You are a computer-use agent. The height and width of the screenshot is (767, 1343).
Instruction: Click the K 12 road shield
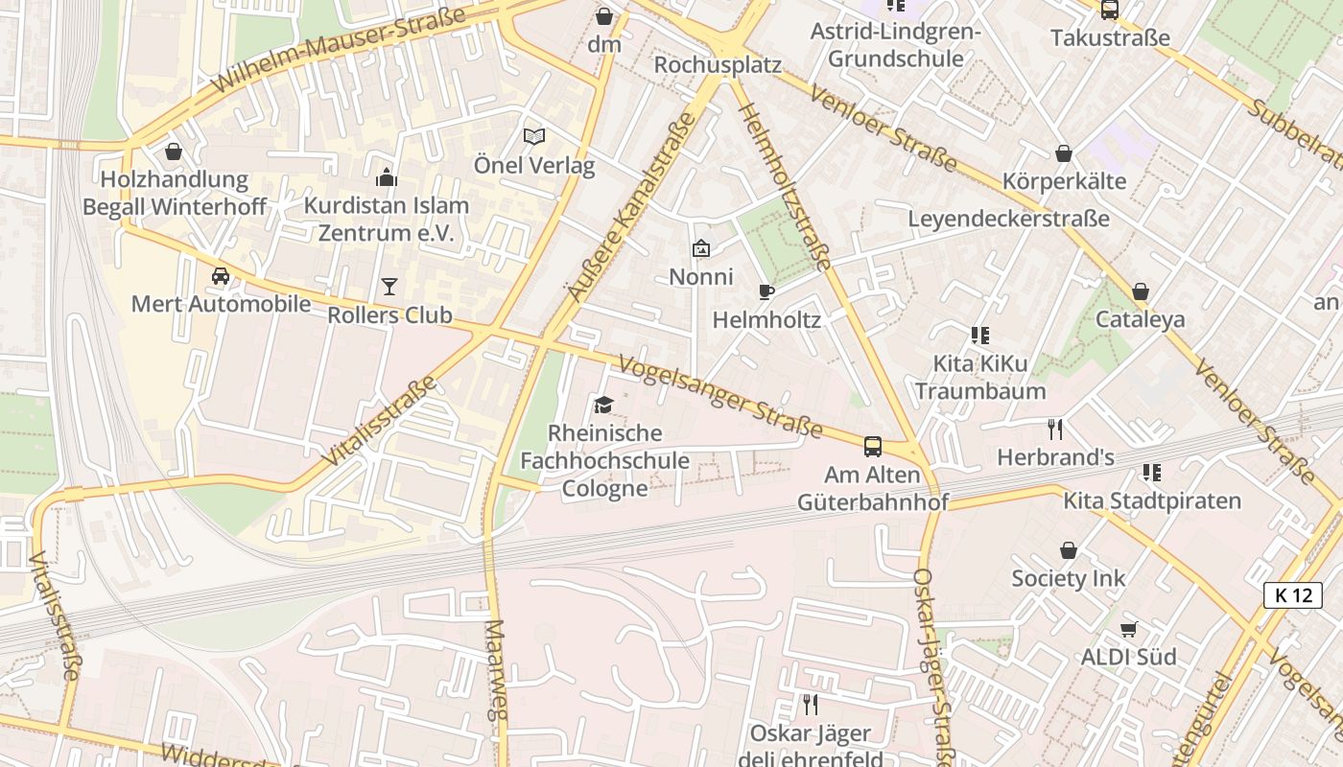(1292, 595)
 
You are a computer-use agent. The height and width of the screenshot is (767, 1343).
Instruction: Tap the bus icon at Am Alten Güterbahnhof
(873, 446)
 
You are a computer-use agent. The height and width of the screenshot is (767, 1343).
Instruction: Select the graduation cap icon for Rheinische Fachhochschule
(603, 405)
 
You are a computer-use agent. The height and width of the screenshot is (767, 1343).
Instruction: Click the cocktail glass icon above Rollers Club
(389, 286)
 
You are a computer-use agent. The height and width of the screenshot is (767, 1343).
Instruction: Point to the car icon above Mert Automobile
(221, 276)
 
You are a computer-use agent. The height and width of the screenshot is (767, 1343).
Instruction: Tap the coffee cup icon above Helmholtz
(766, 291)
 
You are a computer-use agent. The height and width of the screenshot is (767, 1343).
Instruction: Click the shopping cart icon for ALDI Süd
(1128, 630)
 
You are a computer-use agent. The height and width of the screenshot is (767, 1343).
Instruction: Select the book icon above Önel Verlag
(533, 137)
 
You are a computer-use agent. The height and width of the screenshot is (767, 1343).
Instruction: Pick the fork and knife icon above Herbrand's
(1055, 429)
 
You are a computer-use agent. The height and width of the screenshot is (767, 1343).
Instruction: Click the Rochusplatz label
(718, 65)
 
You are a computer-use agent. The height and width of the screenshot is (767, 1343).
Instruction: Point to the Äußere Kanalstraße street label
(630, 207)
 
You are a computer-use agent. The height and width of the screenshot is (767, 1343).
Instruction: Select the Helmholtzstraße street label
(785, 186)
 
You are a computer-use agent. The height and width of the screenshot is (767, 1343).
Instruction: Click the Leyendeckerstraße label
(1008, 219)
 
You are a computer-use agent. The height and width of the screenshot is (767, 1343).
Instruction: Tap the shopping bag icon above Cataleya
(1140, 291)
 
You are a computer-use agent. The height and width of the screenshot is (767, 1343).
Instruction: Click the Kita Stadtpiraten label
(1151, 500)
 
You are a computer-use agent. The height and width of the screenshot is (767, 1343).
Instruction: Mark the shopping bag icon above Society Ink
(1069, 550)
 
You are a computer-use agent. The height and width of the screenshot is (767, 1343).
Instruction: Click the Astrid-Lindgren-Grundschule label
(895, 45)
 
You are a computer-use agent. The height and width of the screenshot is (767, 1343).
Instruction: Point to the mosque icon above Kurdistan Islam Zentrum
(387, 177)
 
